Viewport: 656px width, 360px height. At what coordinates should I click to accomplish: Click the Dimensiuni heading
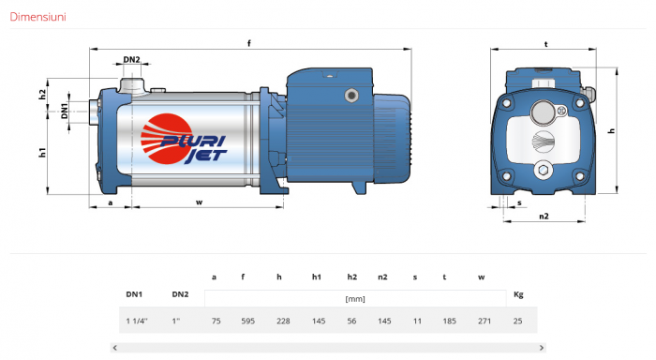coord(37,17)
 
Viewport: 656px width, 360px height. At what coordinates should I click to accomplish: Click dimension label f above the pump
coord(249,43)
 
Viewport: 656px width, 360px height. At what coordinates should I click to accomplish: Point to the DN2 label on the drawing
coord(131,59)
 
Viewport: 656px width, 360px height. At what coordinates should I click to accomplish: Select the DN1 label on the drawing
coord(64,111)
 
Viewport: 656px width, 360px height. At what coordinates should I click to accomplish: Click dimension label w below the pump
coord(199,202)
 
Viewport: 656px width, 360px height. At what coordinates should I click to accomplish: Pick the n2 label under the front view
coord(544,216)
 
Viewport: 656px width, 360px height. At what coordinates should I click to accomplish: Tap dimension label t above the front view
coord(545,44)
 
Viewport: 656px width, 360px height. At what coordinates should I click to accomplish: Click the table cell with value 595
coord(247,321)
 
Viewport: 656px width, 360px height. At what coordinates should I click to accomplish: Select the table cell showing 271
coord(485,321)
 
